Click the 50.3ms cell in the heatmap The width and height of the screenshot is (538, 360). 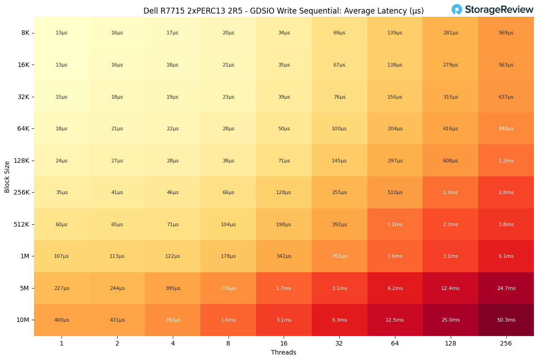(x=506, y=320)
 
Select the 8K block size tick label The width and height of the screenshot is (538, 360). (x=25, y=33)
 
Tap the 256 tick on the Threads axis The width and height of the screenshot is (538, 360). (x=506, y=343)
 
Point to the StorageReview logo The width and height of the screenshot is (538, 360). (x=492, y=9)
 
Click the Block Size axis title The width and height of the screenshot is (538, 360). (x=7, y=176)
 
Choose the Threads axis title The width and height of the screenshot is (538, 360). (x=284, y=353)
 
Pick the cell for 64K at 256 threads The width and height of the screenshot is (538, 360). (x=506, y=129)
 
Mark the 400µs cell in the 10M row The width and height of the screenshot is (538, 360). (x=62, y=320)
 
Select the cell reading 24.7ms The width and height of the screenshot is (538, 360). (x=506, y=288)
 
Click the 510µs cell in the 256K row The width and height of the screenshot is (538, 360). (x=395, y=193)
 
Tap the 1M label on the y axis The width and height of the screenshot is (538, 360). (x=25, y=256)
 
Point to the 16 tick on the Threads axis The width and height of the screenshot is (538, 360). (x=284, y=343)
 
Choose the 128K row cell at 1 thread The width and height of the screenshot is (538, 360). (x=62, y=161)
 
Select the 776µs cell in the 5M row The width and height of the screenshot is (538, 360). (x=228, y=288)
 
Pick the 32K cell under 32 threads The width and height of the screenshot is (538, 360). (x=339, y=97)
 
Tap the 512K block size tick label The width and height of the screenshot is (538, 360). (x=22, y=224)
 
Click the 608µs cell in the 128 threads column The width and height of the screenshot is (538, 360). (x=450, y=161)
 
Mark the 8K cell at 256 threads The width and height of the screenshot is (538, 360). (x=506, y=33)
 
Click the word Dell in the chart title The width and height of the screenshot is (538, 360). (x=151, y=11)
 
